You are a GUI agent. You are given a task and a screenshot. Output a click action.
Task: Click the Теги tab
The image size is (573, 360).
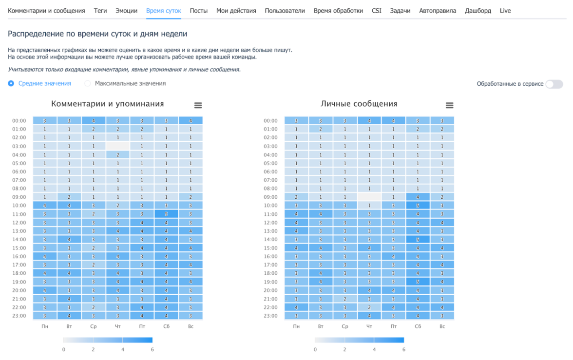coord(100,11)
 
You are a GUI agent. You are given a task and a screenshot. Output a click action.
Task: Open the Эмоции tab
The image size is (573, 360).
coord(127,11)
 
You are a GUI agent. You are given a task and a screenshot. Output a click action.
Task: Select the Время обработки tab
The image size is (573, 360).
coord(338,11)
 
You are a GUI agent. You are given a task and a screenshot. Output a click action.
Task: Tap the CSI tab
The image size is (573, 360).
coord(377,11)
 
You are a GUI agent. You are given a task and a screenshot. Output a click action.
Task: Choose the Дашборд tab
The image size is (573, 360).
coord(478,11)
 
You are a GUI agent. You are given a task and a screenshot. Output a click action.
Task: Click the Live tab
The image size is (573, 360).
coord(505,11)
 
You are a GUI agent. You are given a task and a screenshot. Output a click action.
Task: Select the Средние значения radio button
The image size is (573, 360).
coord(11,84)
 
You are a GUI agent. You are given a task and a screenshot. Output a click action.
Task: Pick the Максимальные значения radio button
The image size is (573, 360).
coord(88,84)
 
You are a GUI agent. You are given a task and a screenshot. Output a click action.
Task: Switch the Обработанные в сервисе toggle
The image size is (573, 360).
coord(554,84)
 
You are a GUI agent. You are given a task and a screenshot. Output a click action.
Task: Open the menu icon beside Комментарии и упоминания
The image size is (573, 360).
coord(198,105)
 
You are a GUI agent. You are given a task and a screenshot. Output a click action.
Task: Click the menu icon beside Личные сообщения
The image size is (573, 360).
coord(449,105)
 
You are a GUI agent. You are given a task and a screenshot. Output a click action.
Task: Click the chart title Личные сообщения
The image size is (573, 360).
coord(359,104)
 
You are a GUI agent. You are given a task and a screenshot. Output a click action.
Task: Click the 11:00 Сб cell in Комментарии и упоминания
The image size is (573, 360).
coord(166,214)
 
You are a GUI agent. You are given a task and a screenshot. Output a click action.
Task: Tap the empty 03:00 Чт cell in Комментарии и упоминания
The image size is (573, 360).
coord(118,146)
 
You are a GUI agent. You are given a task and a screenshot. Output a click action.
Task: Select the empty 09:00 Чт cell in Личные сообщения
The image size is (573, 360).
coord(369,197)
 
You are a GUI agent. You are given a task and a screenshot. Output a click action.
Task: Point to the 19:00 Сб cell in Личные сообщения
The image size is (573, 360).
coord(418,282)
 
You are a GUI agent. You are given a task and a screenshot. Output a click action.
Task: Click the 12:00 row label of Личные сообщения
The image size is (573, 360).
coord(270,223)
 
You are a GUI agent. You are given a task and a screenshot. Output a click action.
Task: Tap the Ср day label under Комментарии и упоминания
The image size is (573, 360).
coord(94,326)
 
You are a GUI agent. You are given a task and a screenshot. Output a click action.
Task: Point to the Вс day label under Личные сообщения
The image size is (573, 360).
coord(442,326)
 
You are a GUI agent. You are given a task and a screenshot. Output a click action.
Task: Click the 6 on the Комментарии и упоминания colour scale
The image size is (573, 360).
coord(153,349)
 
